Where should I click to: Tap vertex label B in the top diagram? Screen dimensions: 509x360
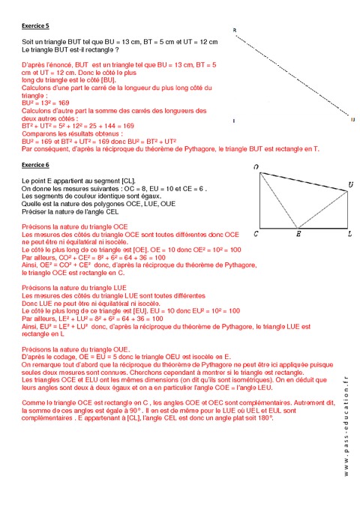pos(235,31)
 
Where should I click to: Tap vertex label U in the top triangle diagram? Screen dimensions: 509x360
pos(352,119)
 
